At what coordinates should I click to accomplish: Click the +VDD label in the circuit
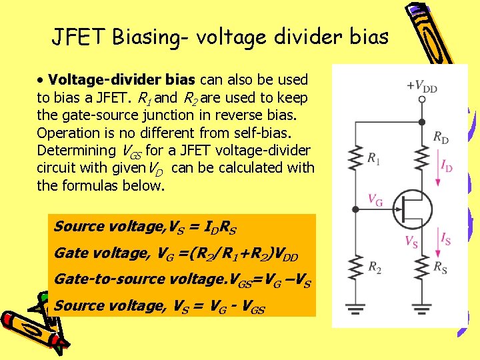point(422,86)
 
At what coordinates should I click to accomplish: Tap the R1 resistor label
point(375,159)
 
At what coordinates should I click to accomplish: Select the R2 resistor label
point(375,267)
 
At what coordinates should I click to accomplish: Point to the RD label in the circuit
point(441,137)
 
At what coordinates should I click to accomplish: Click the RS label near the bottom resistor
point(441,267)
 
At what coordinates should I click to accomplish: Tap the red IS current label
point(445,237)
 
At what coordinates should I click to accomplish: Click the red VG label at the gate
point(375,199)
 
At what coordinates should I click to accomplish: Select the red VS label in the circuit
point(412,241)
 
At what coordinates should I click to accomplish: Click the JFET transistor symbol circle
point(411,209)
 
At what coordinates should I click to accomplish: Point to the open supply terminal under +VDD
point(422,99)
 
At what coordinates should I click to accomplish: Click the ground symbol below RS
point(422,308)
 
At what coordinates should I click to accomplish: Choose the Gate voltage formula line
point(176,253)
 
